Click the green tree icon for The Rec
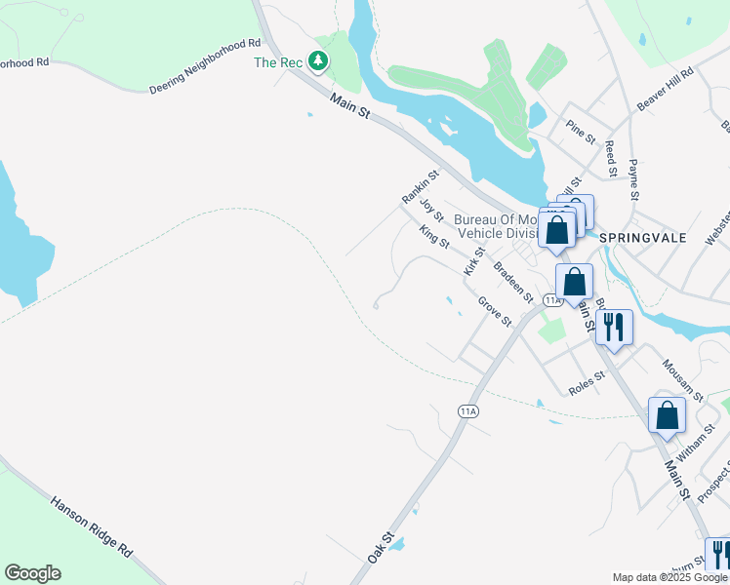point(318,61)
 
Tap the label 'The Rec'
point(279,62)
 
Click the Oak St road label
point(381,546)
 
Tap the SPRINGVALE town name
point(643,238)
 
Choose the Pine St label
point(580,134)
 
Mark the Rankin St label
point(421,186)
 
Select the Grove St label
point(495,312)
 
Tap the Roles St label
point(587,383)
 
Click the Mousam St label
point(682,379)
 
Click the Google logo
point(32,573)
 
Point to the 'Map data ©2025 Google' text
point(670,577)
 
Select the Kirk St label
point(473,260)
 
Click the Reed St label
point(610,158)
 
